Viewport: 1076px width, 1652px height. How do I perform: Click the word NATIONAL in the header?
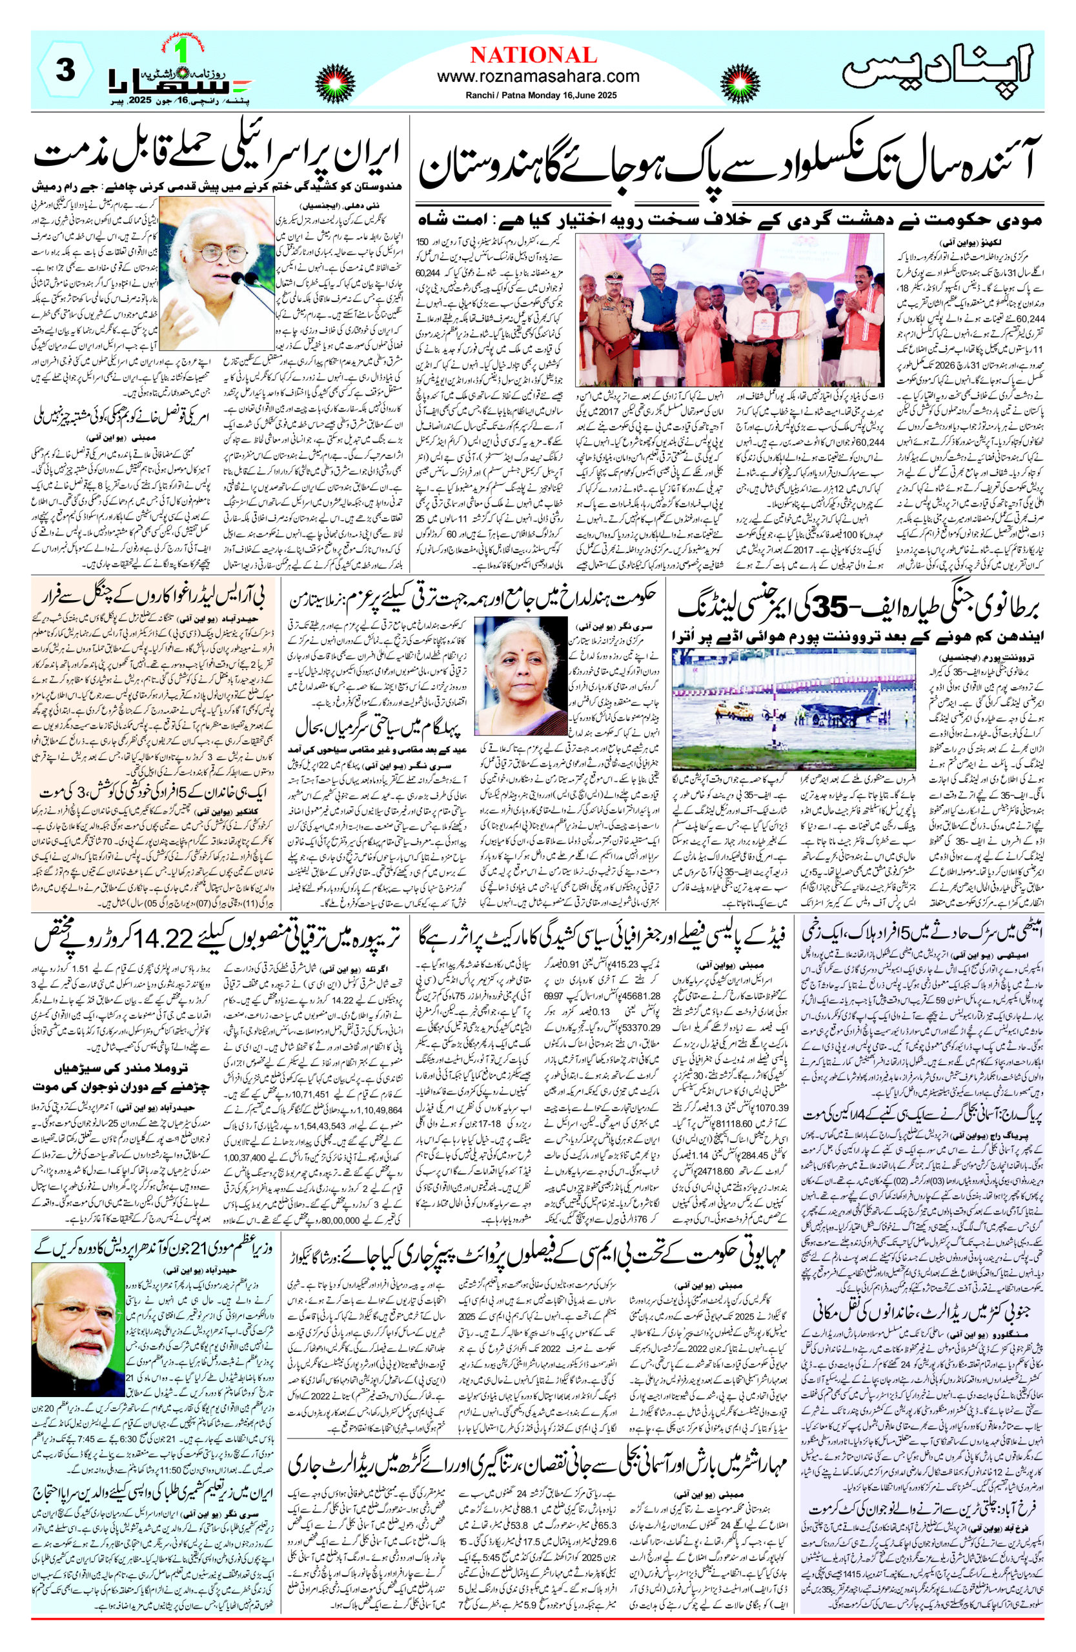(533, 55)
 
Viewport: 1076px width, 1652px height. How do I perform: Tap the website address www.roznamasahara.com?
(538, 76)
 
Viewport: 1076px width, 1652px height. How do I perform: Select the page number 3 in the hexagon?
(65, 71)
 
